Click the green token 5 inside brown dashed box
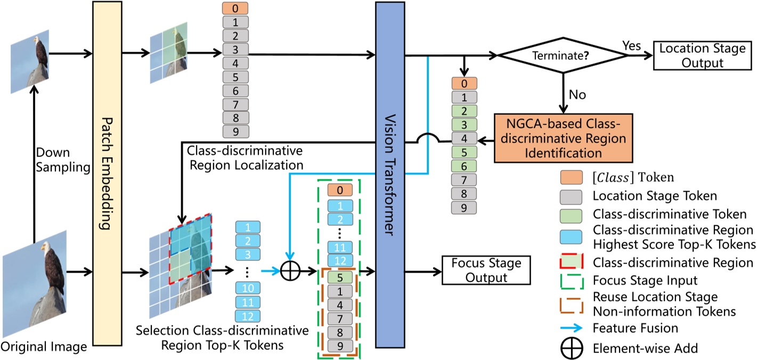click(x=339, y=277)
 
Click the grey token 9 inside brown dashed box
click(x=339, y=345)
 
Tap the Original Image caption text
click(x=44, y=348)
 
